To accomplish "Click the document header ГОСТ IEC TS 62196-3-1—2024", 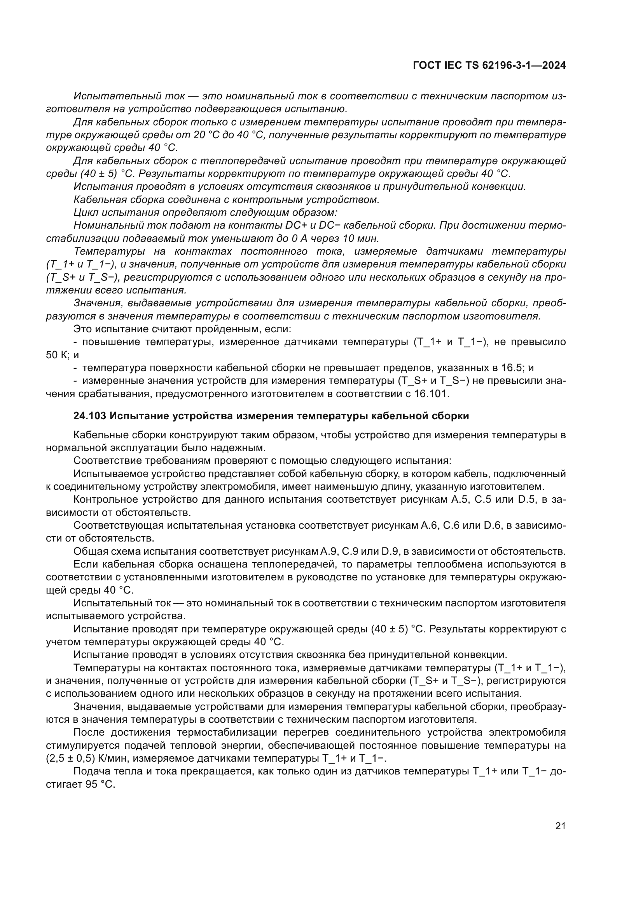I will point(489,65).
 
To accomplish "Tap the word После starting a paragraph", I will point(89,733).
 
